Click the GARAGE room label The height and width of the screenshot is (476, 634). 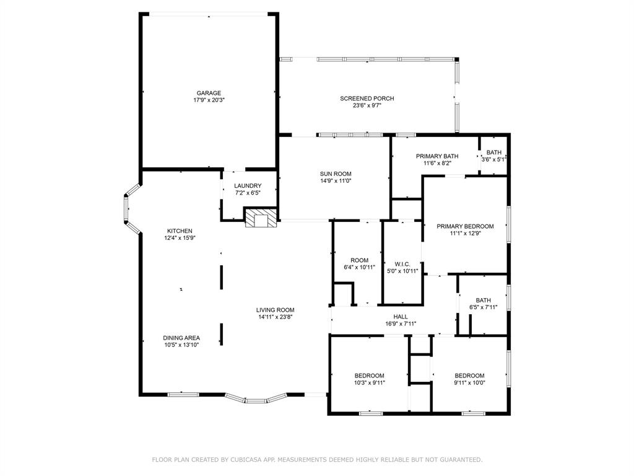(x=209, y=93)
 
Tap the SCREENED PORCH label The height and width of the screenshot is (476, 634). (x=367, y=99)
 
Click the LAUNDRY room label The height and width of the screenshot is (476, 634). (x=247, y=186)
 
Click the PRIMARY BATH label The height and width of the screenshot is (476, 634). (x=436, y=156)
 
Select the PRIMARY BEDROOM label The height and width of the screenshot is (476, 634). (x=465, y=226)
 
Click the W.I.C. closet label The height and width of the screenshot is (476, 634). (x=402, y=264)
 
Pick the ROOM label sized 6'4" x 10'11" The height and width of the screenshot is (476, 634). (x=359, y=260)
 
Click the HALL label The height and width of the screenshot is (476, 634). (x=400, y=316)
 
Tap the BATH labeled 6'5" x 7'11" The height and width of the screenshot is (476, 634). (x=483, y=300)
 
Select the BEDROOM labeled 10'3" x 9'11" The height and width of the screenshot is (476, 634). (x=369, y=376)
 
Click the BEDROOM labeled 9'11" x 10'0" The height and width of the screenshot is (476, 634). (x=469, y=376)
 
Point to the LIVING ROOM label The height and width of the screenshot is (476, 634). (x=276, y=310)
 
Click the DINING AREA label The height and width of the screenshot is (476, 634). (x=181, y=338)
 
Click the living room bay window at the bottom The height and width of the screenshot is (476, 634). (x=256, y=399)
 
